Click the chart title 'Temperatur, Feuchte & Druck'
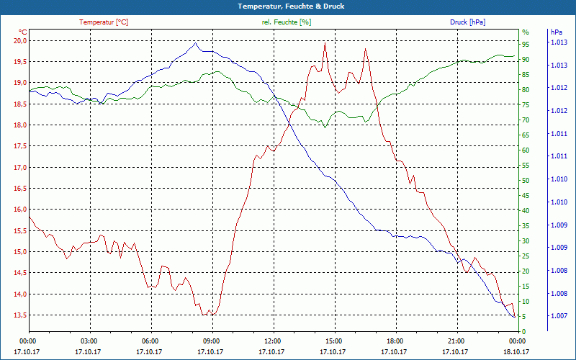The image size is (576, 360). click(x=288, y=6)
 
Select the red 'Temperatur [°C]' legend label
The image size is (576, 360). click(x=104, y=22)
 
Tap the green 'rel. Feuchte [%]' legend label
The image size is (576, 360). click(x=287, y=22)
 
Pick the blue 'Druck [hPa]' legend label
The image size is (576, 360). click(x=467, y=22)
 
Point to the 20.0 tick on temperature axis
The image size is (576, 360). click(x=19, y=40)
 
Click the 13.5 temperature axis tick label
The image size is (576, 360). click(x=19, y=315)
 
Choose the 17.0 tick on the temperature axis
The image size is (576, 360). click(x=19, y=168)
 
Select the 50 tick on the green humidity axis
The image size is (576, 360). click(x=526, y=180)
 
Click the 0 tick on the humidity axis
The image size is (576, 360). click(x=523, y=331)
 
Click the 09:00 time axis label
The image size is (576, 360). click(x=211, y=341)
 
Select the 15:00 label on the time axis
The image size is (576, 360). click(x=333, y=341)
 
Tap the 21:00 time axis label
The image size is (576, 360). click(x=456, y=341)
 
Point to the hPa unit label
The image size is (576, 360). click(x=556, y=32)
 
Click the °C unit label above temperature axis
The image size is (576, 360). click(x=22, y=32)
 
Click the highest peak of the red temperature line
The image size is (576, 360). click(x=325, y=44)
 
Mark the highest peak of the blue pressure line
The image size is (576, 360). click(x=196, y=42)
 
